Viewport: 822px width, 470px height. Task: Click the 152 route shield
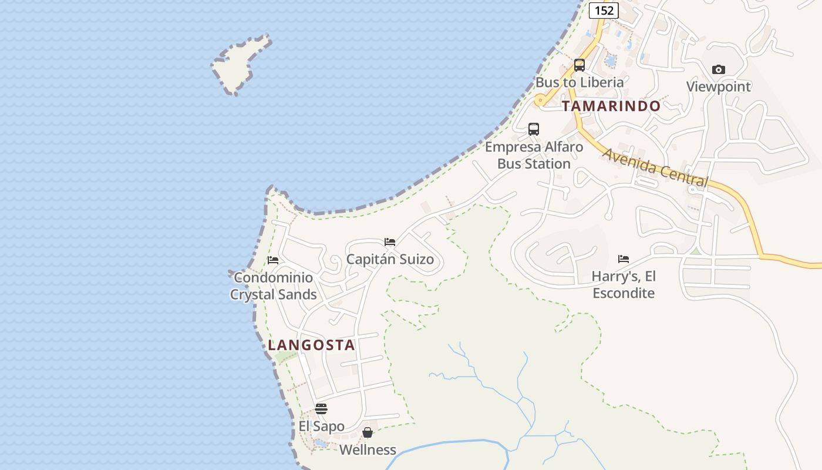(604, 10)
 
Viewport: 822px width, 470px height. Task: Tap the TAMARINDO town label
(611, 106)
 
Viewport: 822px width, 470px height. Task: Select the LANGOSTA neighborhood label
(311, 345)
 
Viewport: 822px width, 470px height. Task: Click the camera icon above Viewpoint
(718, 70)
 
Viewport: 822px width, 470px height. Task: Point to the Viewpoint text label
(718, 87)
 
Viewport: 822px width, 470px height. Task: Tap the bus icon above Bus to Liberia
(580, 65)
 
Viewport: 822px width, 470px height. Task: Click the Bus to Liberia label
(579, 82)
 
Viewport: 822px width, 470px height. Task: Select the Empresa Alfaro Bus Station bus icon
(534, 129)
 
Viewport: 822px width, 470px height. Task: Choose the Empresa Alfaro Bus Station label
(534, 155)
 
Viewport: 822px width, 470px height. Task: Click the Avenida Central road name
(655, 167)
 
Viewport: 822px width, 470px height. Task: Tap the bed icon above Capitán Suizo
(390, 242)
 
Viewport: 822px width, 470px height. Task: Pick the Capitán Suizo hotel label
(390, 259)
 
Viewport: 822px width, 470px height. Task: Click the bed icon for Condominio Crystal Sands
(273, 260)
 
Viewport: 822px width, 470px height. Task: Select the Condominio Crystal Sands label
(273, 286)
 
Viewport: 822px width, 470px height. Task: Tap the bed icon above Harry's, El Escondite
(624, 258)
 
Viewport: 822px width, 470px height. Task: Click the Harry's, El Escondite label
(624, 284)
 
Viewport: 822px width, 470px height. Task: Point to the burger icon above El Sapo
(321, 409)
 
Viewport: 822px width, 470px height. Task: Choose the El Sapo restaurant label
(321, 426)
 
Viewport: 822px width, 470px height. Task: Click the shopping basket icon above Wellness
(368, 433)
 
